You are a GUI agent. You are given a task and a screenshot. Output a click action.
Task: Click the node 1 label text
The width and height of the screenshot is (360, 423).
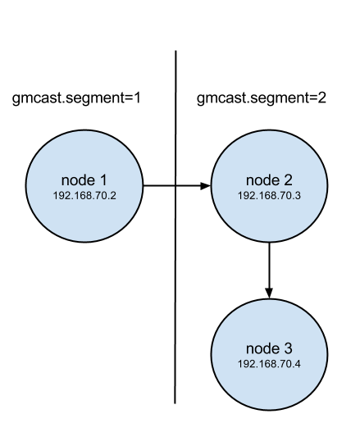pos(84,180)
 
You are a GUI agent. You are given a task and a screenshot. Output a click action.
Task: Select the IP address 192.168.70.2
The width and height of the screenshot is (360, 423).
pos(84,196)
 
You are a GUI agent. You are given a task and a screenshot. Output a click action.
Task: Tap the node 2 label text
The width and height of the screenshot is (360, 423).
pos(269,180)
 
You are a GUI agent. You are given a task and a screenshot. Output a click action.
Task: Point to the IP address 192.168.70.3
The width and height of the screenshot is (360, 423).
pos(269,196)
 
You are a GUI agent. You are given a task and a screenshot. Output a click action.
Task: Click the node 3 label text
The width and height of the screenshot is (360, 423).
pos(269,348)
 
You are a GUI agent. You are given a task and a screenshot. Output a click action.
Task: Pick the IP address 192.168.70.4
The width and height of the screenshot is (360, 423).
pos(269,364)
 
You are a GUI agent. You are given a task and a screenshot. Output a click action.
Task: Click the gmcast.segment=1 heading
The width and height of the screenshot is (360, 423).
pos(76,98)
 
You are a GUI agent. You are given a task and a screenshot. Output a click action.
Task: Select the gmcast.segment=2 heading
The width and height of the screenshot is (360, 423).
pos(262,98)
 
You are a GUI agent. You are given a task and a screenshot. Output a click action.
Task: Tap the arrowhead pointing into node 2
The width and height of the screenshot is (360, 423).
pos(205,186)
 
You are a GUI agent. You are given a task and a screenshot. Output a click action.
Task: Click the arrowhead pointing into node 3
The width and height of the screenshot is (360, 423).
pos(269,293)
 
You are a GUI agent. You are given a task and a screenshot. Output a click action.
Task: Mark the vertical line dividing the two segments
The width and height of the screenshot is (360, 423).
pos(175,227)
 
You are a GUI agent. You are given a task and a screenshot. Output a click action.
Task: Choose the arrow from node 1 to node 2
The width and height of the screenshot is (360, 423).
pos(176,186)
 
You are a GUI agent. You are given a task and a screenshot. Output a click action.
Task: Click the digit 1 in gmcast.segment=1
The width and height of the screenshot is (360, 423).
pos(137,98)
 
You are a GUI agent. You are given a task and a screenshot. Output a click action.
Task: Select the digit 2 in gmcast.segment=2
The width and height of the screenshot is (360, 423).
pos(322,98)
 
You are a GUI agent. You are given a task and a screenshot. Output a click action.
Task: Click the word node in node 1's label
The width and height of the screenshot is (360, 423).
pos(78,180)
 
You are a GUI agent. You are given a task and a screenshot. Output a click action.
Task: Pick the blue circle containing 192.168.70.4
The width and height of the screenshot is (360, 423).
pos(269,354)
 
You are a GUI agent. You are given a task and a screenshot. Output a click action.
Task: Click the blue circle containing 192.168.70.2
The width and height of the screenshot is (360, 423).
pos(84,186)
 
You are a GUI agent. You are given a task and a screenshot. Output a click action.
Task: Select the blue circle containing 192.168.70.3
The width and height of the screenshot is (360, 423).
pos(269,186)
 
